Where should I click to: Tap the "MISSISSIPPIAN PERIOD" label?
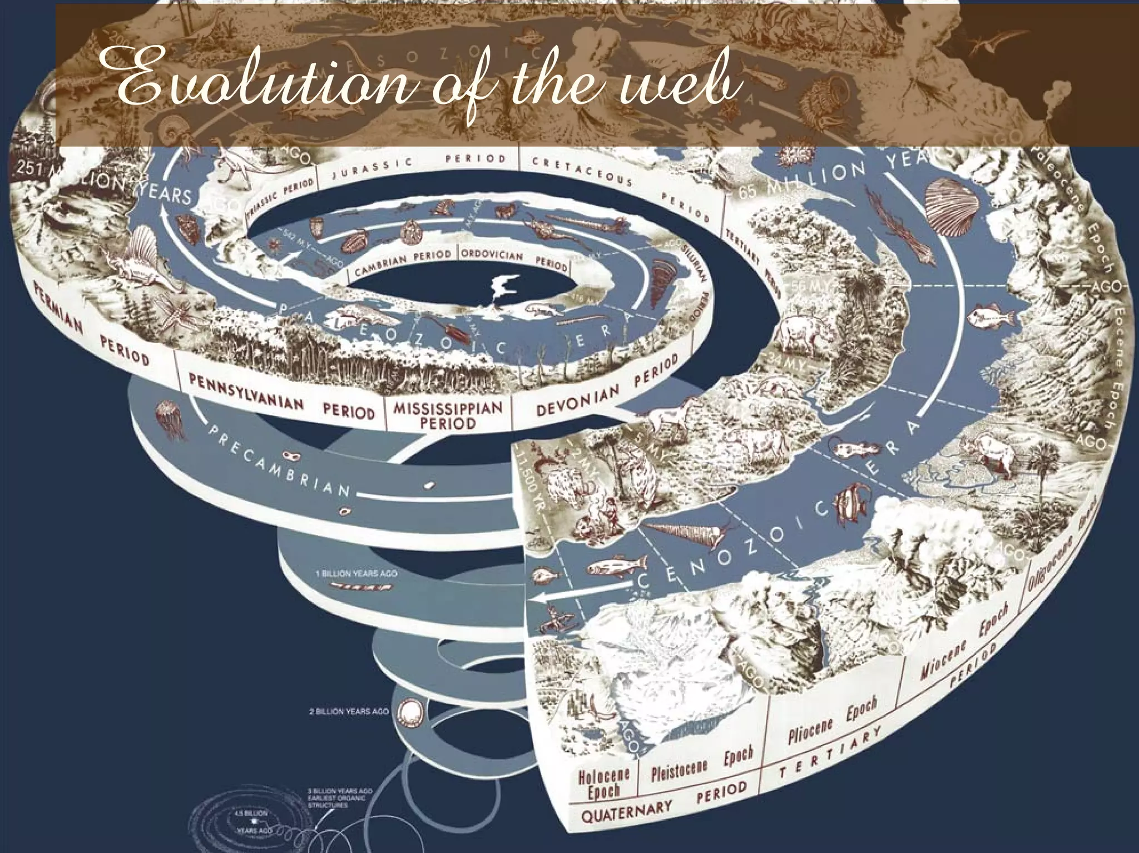click(x=448, y=415)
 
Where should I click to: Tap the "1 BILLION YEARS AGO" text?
click(x=356, y=573)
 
